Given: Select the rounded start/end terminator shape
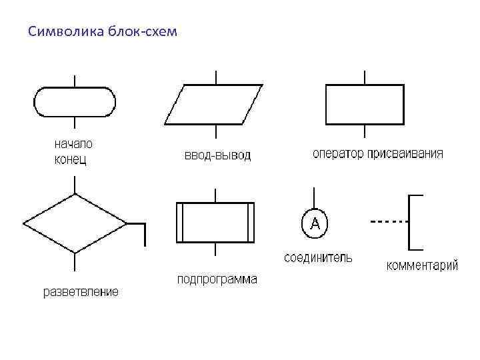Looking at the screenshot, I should (75, 101).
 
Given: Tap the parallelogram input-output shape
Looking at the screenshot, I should (213, 104).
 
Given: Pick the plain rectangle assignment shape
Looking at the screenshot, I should (364, 104).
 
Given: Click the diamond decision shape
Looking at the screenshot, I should (75, 223).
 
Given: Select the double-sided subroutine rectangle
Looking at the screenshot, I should (215, 223).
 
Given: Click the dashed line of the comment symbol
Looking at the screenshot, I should (389, 221).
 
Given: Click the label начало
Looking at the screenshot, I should (73, 143).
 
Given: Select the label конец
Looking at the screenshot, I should (70, 159).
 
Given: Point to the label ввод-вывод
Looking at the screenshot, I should (217, 156).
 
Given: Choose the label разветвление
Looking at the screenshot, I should (81, 291).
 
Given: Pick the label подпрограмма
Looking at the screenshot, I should (217, 279).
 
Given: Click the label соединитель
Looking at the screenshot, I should (319, 257).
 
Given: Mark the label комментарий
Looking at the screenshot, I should (423, 266).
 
